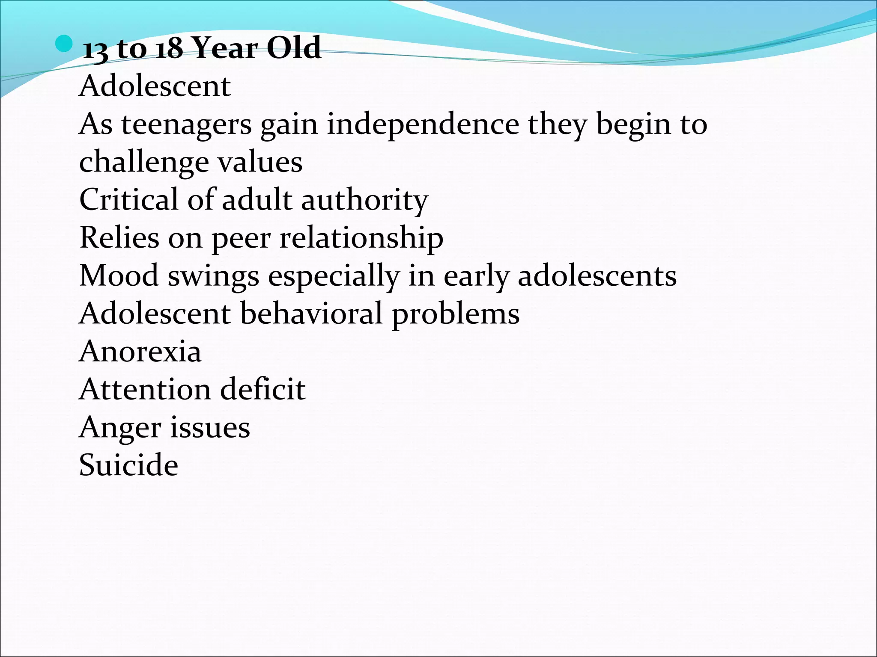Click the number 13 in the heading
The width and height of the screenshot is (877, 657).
(95, 49)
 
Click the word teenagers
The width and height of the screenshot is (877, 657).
(186, 125)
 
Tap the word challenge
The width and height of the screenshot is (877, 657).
(143, 163)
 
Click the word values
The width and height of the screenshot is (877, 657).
(260, 162)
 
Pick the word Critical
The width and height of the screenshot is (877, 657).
(128, 200)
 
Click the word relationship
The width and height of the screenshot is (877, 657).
(361, 238)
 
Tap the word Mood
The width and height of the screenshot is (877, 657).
(119, 276)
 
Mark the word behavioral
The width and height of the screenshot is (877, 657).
(311, 314)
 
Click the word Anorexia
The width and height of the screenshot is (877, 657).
(140, 352)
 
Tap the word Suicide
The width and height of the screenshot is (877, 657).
(128, 465)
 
